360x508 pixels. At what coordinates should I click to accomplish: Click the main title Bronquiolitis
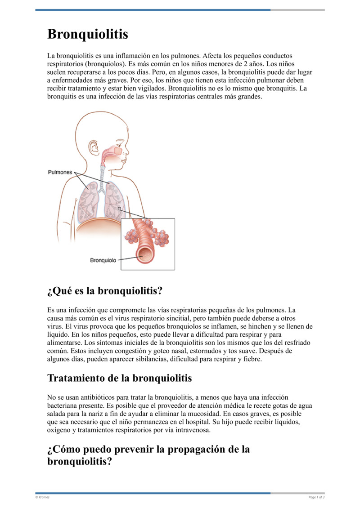pos(88,34)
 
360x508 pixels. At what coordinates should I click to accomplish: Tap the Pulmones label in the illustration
pos(60,172)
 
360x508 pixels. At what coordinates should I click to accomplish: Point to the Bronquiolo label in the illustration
pos(103,260)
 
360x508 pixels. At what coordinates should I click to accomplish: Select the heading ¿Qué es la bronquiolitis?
pos(104,291)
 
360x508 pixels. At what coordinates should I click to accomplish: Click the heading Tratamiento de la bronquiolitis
pos(119,378)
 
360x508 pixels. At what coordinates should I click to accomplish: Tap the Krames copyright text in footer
pos(43,497)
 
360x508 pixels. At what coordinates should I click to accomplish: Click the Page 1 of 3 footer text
pos(316,497)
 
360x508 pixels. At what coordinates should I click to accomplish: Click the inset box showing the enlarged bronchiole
pos(148,244)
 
